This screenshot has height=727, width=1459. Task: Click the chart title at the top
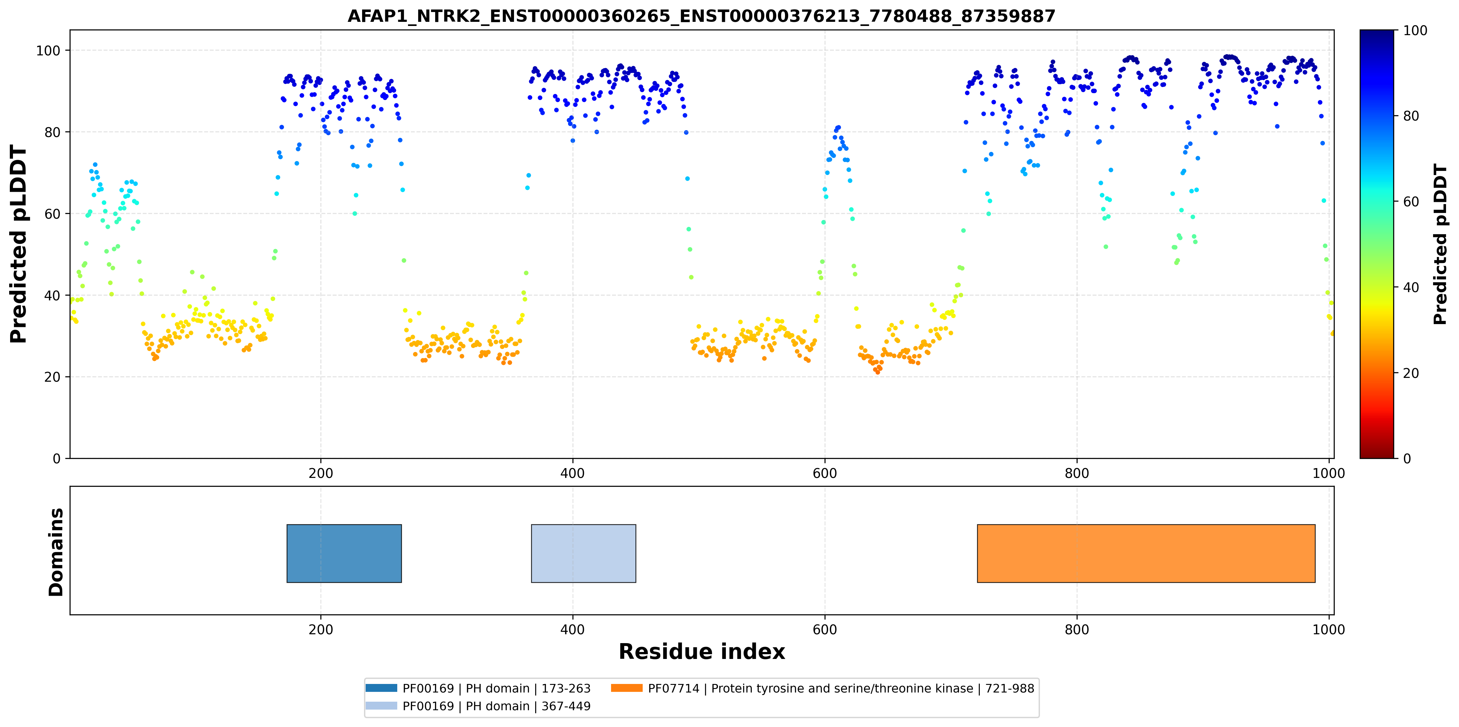point(701,16)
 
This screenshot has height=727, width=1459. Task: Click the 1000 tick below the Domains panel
point(1328,630)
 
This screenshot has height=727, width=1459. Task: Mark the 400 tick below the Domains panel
point(572,630)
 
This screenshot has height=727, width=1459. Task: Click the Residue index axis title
point(702,652)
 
